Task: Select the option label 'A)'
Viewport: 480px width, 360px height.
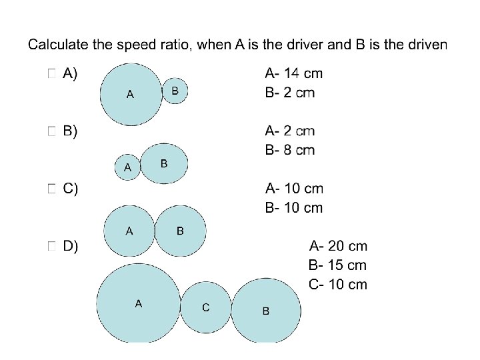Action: click(69, 74)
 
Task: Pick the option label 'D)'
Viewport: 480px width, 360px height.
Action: click(70, 246)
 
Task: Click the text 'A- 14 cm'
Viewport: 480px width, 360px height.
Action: click(293, 73)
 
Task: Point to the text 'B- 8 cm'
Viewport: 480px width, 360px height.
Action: click(289, 150)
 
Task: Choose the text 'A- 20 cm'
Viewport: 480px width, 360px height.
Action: click(338, 247)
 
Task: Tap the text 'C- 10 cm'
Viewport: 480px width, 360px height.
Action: click(338, 285)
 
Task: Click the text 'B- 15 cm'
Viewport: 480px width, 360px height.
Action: click(338, 265)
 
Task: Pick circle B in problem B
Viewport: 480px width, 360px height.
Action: click(165, 163)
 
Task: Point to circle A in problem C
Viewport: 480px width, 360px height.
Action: click(130, 231)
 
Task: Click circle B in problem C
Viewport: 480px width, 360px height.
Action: click(181, 231)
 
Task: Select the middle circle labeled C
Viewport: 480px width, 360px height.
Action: click(206, 307)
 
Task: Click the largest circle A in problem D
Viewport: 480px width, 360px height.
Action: click(138, 305)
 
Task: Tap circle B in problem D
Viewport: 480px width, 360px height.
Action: click(266, 311)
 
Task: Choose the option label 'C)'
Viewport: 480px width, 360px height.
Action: click(70, 189)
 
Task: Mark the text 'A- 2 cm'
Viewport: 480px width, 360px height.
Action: click(289, 131)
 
